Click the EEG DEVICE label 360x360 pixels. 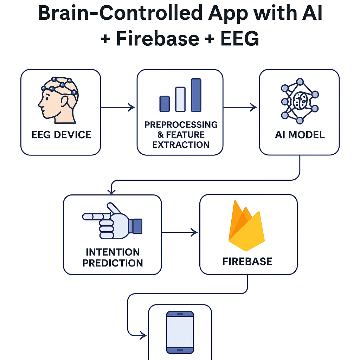point(61,135)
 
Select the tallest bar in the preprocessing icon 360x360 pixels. point(196,95)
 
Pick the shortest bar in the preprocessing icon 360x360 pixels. point(165,103)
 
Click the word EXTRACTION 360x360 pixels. point(181,144)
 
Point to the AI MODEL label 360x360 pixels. point(300,135)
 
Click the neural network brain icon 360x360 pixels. point(300,101)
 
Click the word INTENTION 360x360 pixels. point(112,252)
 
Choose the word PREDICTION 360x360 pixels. point(112,263)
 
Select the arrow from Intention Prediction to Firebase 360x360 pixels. point(180,232)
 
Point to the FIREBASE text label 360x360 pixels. point(247,262)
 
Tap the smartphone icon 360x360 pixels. point(180,332)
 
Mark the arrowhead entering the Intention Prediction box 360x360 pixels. point(112,191)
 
